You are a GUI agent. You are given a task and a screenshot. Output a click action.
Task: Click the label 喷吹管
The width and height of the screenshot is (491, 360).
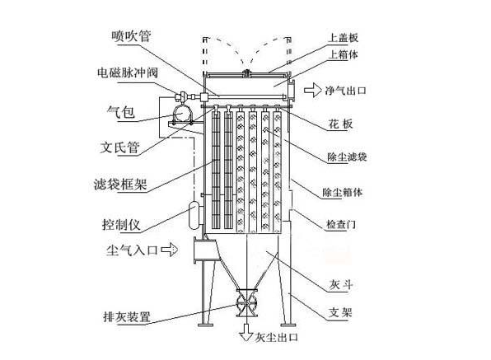(131, 36)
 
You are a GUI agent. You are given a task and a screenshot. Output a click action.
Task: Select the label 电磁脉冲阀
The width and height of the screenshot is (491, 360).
(128, 73)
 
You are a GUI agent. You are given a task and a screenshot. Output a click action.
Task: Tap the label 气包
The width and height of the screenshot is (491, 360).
(121, 112)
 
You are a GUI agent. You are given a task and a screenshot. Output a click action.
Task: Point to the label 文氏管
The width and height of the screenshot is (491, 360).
(119, 147)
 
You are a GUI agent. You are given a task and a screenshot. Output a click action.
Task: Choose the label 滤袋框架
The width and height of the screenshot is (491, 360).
(120, 184)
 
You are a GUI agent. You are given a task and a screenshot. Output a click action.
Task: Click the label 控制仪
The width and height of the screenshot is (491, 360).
(121, 225)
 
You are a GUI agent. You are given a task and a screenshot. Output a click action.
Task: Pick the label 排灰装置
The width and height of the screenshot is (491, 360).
(127, 317)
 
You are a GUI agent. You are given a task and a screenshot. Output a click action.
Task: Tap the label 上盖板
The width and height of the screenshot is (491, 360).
(343, 38)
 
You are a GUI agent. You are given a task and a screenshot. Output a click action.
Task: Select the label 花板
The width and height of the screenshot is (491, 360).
(340, 124)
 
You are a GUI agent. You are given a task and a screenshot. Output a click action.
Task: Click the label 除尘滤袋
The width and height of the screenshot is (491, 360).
(347, 157)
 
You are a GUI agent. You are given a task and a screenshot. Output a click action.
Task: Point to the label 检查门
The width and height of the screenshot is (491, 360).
(341, 224)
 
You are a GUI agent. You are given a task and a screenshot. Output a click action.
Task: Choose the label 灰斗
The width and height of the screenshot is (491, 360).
(341, 284)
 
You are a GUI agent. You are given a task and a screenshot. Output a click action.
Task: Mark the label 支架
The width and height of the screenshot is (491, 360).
(340, 312)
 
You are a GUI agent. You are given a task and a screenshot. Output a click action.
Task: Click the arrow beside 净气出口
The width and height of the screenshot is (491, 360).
(312, 91)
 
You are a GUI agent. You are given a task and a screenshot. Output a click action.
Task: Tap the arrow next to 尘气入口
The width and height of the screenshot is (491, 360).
(170, 250)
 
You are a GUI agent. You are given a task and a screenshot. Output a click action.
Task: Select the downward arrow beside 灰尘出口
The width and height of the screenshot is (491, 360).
(246, 333)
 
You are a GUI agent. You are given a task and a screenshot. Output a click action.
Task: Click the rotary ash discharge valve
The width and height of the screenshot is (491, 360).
(246, 303)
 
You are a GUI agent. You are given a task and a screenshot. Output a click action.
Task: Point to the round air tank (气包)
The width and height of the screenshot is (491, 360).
(182, 114)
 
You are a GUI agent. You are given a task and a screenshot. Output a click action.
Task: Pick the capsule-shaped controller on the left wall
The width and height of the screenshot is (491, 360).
(194, 216)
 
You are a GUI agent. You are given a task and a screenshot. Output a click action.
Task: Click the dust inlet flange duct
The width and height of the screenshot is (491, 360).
(206, 250)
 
